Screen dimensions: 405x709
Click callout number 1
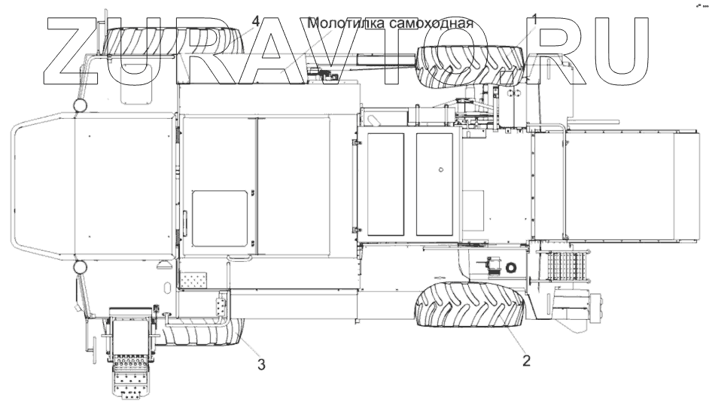point(535,20)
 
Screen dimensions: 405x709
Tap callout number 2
point(526,360)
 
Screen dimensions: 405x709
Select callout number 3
point(261,365)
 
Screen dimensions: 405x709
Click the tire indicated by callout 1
point(470,64)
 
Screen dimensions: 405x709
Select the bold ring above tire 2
point(511,267)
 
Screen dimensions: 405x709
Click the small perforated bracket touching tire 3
point(221,309)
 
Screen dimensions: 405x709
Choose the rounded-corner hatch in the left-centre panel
point(219,218)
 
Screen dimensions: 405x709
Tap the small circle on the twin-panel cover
point(440,169)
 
